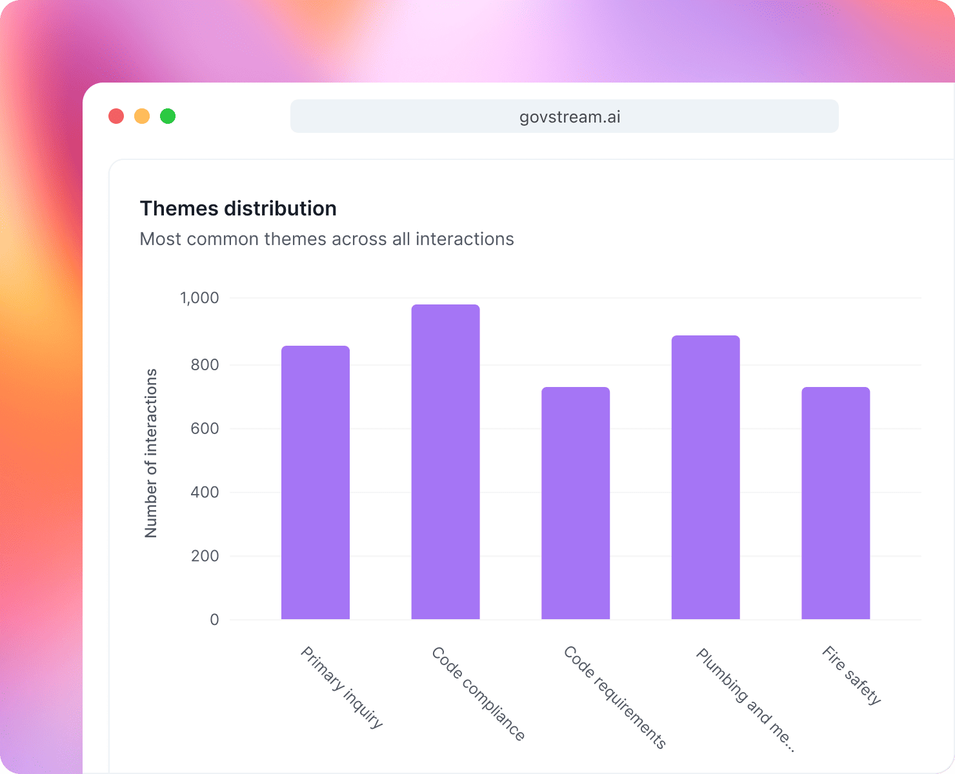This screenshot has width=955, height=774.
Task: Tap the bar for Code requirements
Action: [576, 503]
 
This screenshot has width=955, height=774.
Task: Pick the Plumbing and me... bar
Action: [705, 477]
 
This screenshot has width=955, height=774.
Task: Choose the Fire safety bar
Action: [836, 503]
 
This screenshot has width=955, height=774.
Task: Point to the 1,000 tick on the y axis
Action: [199, 298]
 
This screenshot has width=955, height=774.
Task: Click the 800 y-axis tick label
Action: [205, 364]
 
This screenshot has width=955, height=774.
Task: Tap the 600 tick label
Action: [205, 428]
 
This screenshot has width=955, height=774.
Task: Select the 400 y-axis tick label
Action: [205, 492]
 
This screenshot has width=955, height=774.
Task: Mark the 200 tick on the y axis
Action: [205, 556]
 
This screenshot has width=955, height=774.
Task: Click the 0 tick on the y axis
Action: [214, 620]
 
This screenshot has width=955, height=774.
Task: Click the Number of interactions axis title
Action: [151, 453]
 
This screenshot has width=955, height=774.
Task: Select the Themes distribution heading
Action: [238, 208]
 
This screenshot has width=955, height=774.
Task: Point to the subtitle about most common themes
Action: [327, 239]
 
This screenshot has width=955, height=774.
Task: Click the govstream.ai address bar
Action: [565, 117]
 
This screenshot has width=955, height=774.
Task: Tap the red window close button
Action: [116, 116]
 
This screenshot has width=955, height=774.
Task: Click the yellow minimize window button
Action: [142, 116]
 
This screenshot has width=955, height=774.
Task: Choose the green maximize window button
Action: [168, 116]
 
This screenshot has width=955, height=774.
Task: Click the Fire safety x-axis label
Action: [851, 676]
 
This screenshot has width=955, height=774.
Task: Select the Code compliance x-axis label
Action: [478, 694]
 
